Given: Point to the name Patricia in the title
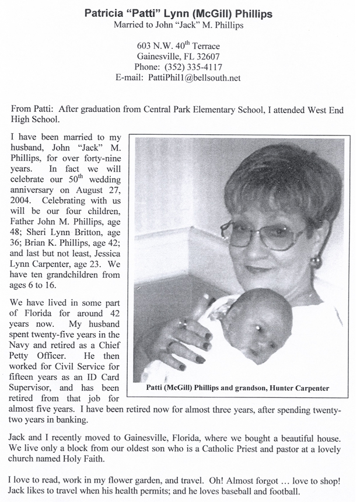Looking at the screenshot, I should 109,12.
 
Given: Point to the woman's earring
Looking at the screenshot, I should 316,262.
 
